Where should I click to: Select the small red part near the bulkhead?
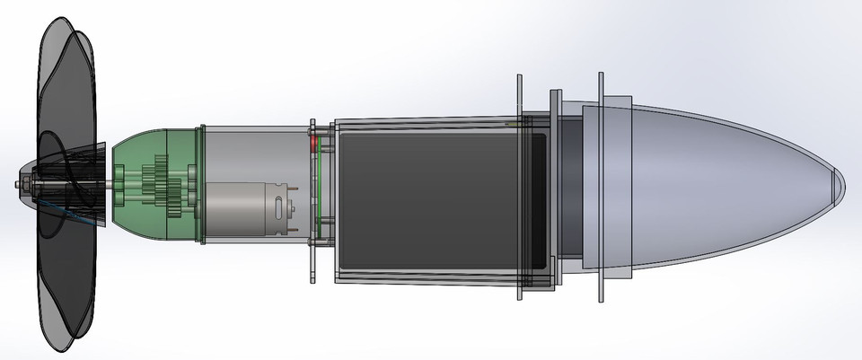313,141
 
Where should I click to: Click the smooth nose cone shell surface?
718,180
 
